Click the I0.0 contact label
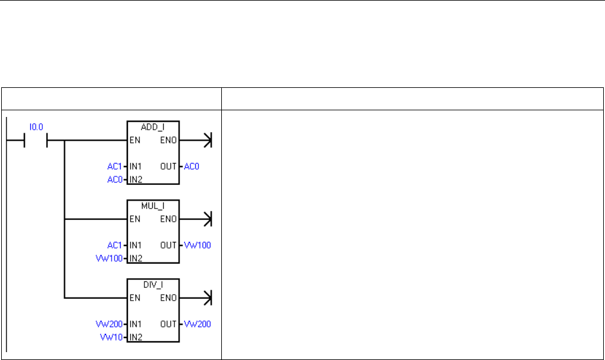(36, 127)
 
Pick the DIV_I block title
(153, 284)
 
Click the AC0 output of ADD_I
(192, 165)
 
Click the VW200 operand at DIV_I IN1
(109, 324)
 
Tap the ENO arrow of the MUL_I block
(207, 219)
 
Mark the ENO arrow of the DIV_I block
(207, 298)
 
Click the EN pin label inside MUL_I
(135, 219)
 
